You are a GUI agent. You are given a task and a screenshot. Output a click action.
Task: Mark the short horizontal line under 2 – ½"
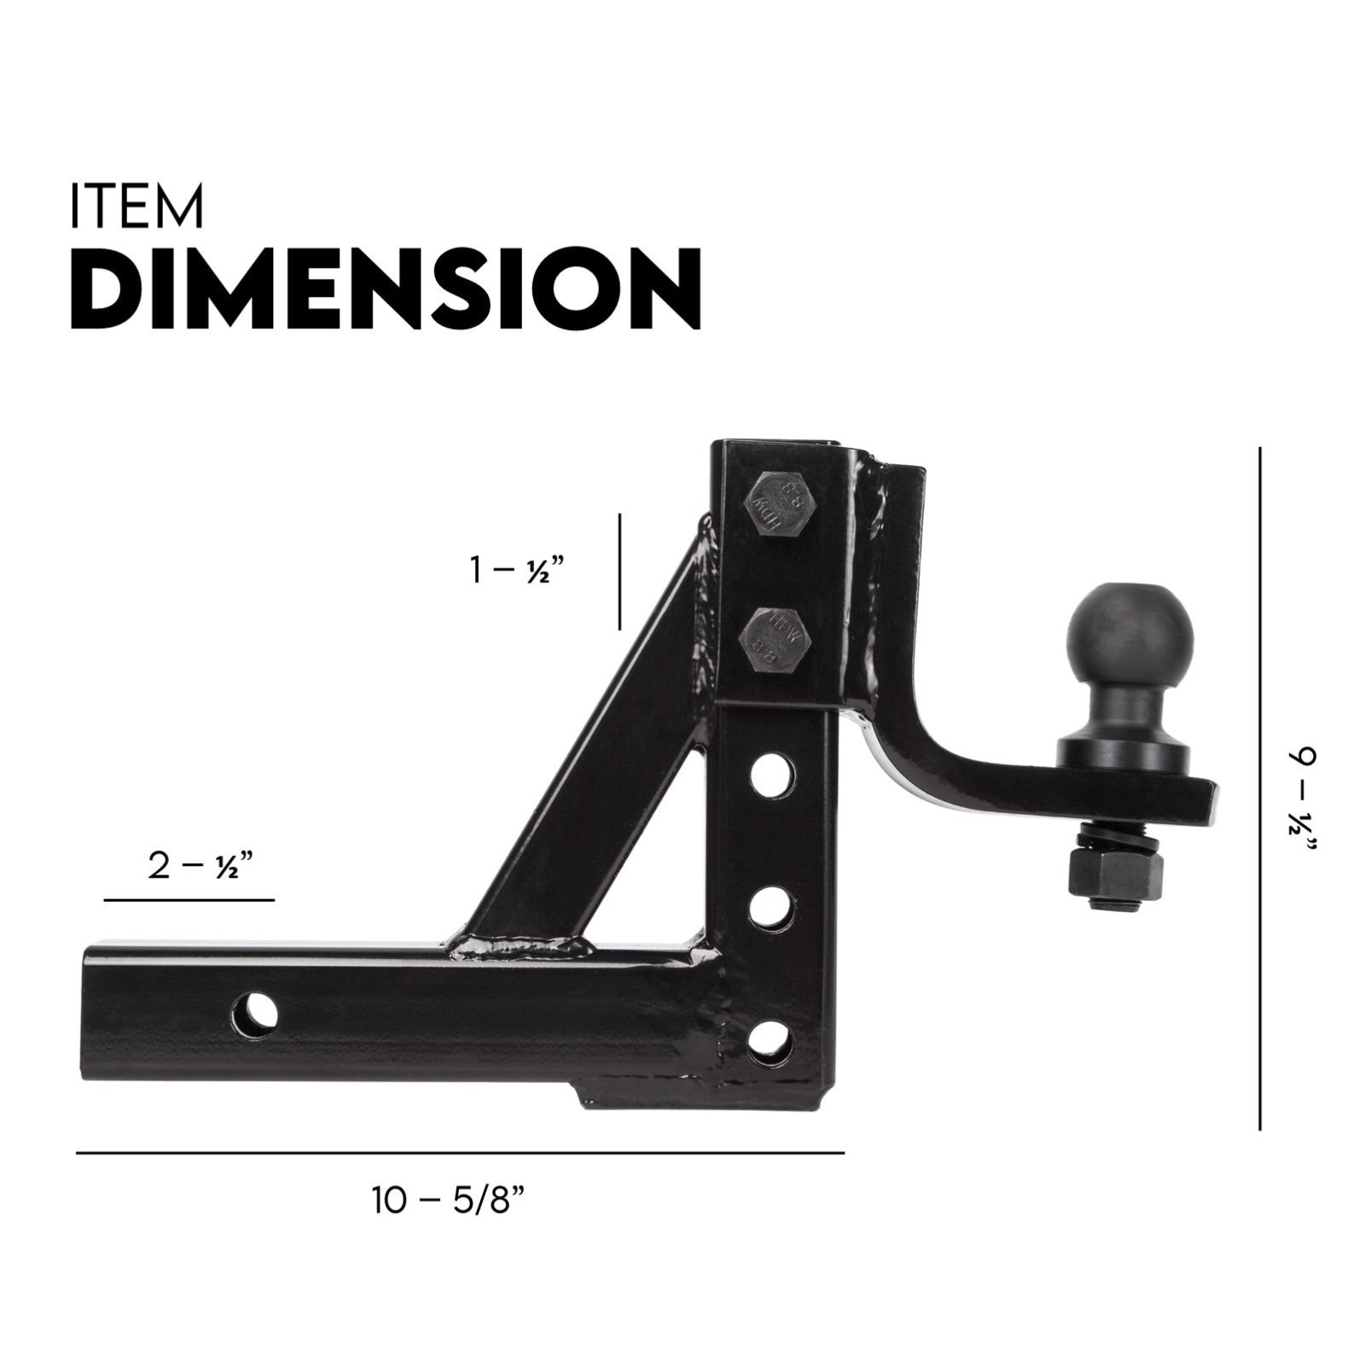coord(189,899)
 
